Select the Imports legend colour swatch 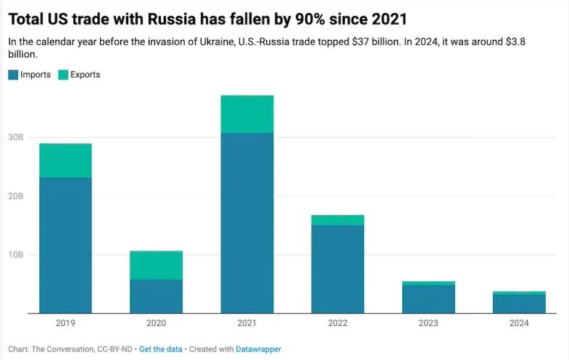point(13,75)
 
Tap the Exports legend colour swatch point(63,75)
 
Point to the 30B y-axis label point(17,138)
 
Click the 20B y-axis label point(17,196)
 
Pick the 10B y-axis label point(17,255)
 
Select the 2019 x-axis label point(65,323)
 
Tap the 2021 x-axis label point(246,323)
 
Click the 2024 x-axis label point(519,323)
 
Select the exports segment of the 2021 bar point(246,114)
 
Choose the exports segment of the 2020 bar point(156,265)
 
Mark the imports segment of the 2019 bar point(65,246)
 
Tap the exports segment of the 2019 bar point(65,161)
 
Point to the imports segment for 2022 point(337,269)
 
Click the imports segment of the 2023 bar point(428,299)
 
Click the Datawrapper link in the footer point(258,349)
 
